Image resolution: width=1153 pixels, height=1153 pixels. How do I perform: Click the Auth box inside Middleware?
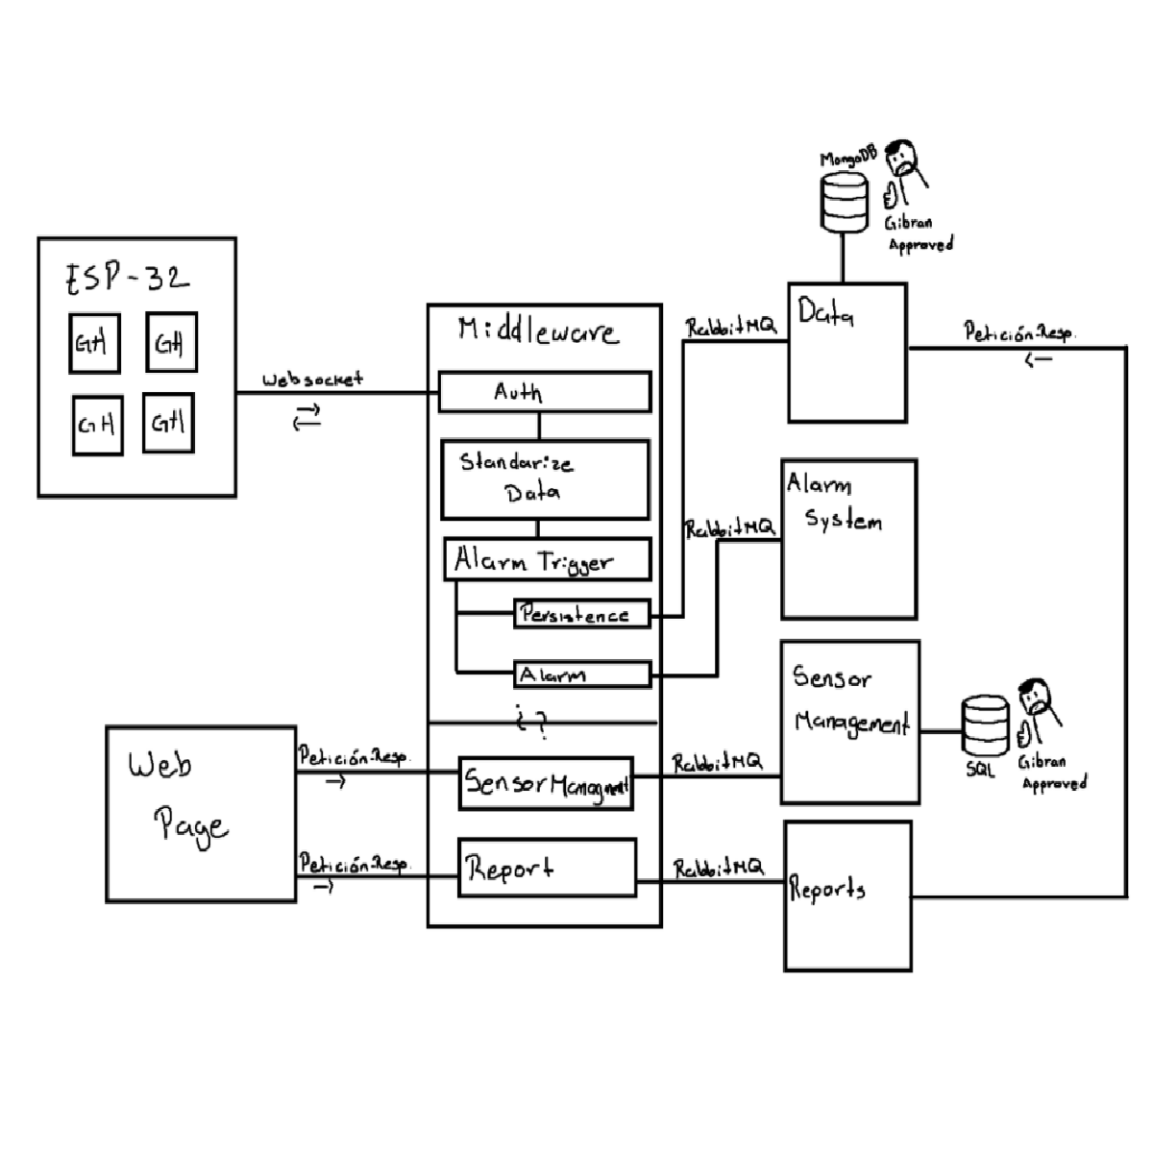click(x=544, y=392)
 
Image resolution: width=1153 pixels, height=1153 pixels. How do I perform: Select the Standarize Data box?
click(x=544, y=478)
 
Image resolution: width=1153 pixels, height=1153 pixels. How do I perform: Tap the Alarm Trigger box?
click(x=547, y=559)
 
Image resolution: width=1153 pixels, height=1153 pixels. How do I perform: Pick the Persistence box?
click(x=582, y=614)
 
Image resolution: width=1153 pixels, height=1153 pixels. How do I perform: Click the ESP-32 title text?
click(x=128, y=280)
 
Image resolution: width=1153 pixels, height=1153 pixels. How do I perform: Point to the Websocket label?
click(x=312, y=380)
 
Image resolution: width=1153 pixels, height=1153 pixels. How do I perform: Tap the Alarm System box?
click(x=848, y=539)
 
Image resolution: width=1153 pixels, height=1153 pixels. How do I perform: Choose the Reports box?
click(x=847, y=895)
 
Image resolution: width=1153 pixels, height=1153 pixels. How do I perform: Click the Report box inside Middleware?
click(x=547, y=868)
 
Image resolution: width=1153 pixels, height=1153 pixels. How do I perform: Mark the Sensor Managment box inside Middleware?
click(x=546, y=784)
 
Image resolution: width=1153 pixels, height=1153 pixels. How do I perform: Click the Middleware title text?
click(x=538, y=331)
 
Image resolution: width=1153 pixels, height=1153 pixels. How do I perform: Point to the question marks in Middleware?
click(x=534, y=723)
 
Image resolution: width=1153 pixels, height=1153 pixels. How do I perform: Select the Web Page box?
click(x=201, y=814)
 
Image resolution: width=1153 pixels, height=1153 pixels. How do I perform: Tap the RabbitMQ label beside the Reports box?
click(x=718, y=868)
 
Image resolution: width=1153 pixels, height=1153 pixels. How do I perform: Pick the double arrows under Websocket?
click(x=307, y=417)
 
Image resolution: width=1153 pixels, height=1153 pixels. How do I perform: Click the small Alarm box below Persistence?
click(x=582, y=675)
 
